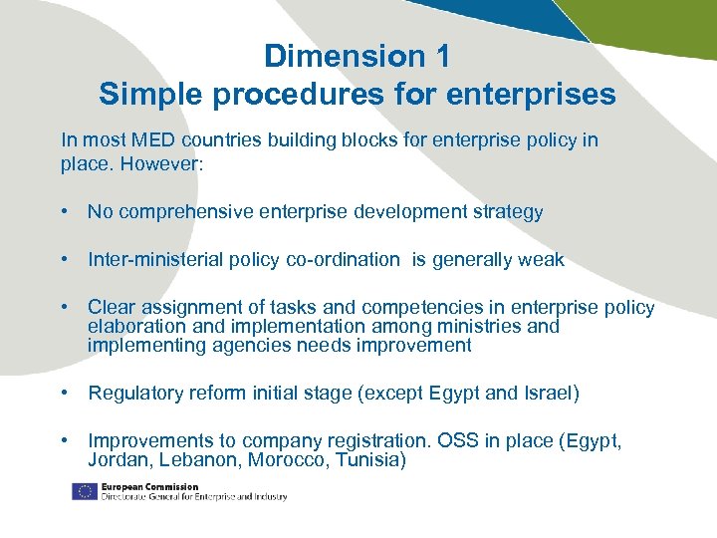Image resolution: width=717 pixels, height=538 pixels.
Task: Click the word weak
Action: tap(541, 259)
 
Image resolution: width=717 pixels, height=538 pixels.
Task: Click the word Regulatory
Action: tap(132, 393)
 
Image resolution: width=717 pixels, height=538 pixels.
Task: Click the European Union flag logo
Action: tap(84, 490)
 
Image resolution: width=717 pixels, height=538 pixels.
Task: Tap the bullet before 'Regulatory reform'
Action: tap(64, 393)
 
